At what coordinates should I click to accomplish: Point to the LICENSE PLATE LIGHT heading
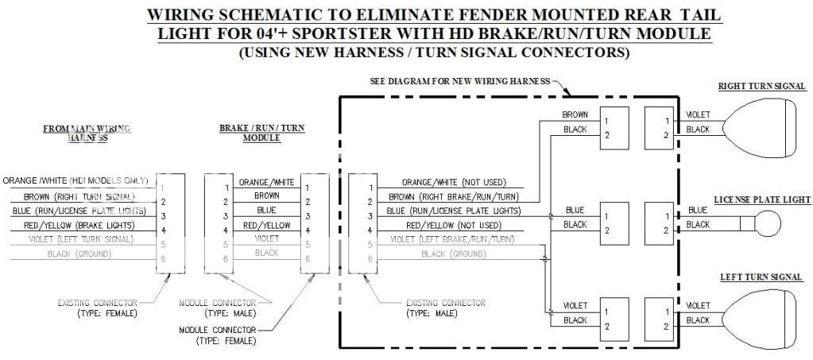[x=762, y=199]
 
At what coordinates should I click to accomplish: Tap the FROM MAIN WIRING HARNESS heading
[x=87, y=132]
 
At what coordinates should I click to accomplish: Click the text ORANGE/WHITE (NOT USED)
[x=453, y=182]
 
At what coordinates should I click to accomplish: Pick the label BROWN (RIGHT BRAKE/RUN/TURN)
[x=454, y=196]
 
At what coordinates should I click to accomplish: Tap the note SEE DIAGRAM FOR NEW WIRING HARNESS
[x=460, y=82]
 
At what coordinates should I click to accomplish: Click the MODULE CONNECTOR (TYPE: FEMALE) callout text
[x=218, y=335]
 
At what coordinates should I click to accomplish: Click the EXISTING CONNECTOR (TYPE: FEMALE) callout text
[x=97, y=309]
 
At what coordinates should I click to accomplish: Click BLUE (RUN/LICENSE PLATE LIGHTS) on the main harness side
[x=79, y=211]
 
